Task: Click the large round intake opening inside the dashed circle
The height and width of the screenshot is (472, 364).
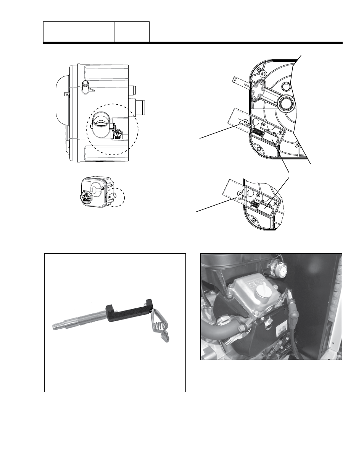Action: [101, 123]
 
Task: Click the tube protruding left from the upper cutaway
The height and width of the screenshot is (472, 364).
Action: [240, 81]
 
